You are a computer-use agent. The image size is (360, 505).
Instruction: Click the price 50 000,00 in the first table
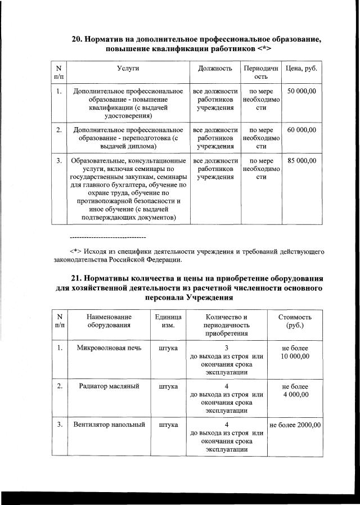coord(301,91)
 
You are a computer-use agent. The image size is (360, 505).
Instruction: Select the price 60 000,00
coord(301,130)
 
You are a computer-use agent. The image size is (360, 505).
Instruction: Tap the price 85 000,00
coord(301,161)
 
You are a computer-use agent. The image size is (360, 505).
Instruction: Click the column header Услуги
coord(128,68)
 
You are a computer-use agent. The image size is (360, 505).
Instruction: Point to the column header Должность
coord(215,68)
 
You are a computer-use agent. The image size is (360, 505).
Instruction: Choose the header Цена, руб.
coord(301,68)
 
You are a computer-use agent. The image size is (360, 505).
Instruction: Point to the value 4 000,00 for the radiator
coord(295,395)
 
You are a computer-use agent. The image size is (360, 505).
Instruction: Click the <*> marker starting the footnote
coord(76,251)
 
